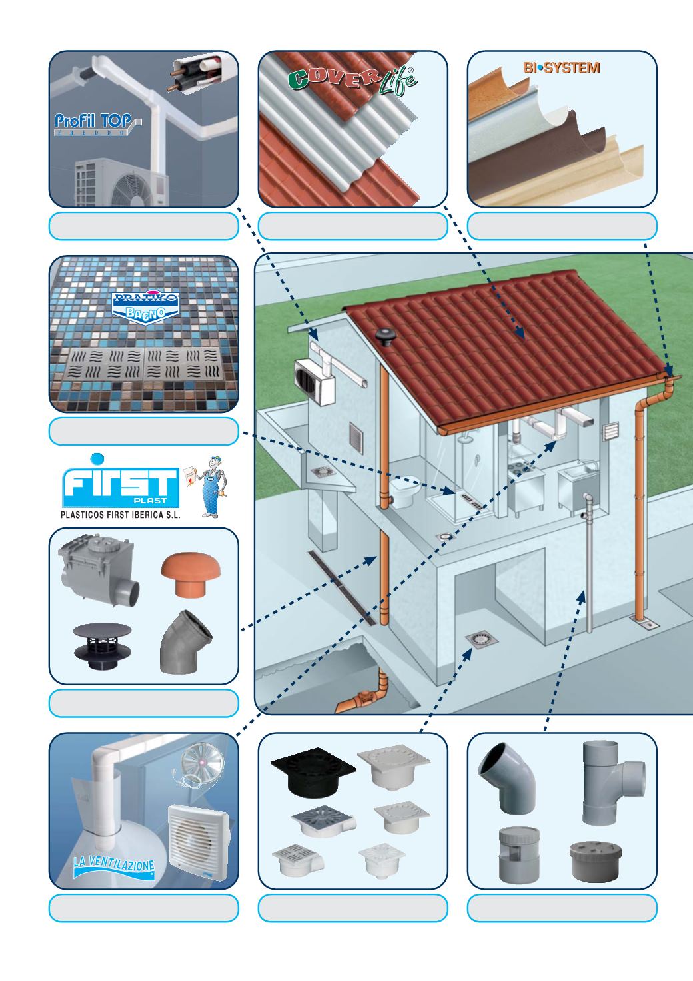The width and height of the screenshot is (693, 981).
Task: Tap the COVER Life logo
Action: coord(353,81)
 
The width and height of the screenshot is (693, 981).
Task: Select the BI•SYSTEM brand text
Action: coord(562,67)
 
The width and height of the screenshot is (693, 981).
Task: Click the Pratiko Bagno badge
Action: coord(145,308)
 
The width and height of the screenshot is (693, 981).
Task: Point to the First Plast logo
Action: coord(121,482)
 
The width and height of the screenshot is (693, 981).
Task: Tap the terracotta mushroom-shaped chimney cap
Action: coord(191,575)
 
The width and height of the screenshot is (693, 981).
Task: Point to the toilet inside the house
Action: coord(404,491)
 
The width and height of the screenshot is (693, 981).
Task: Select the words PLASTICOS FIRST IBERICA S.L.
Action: coord(121,515)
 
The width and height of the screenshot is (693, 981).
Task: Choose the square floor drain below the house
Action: coord(482,640)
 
